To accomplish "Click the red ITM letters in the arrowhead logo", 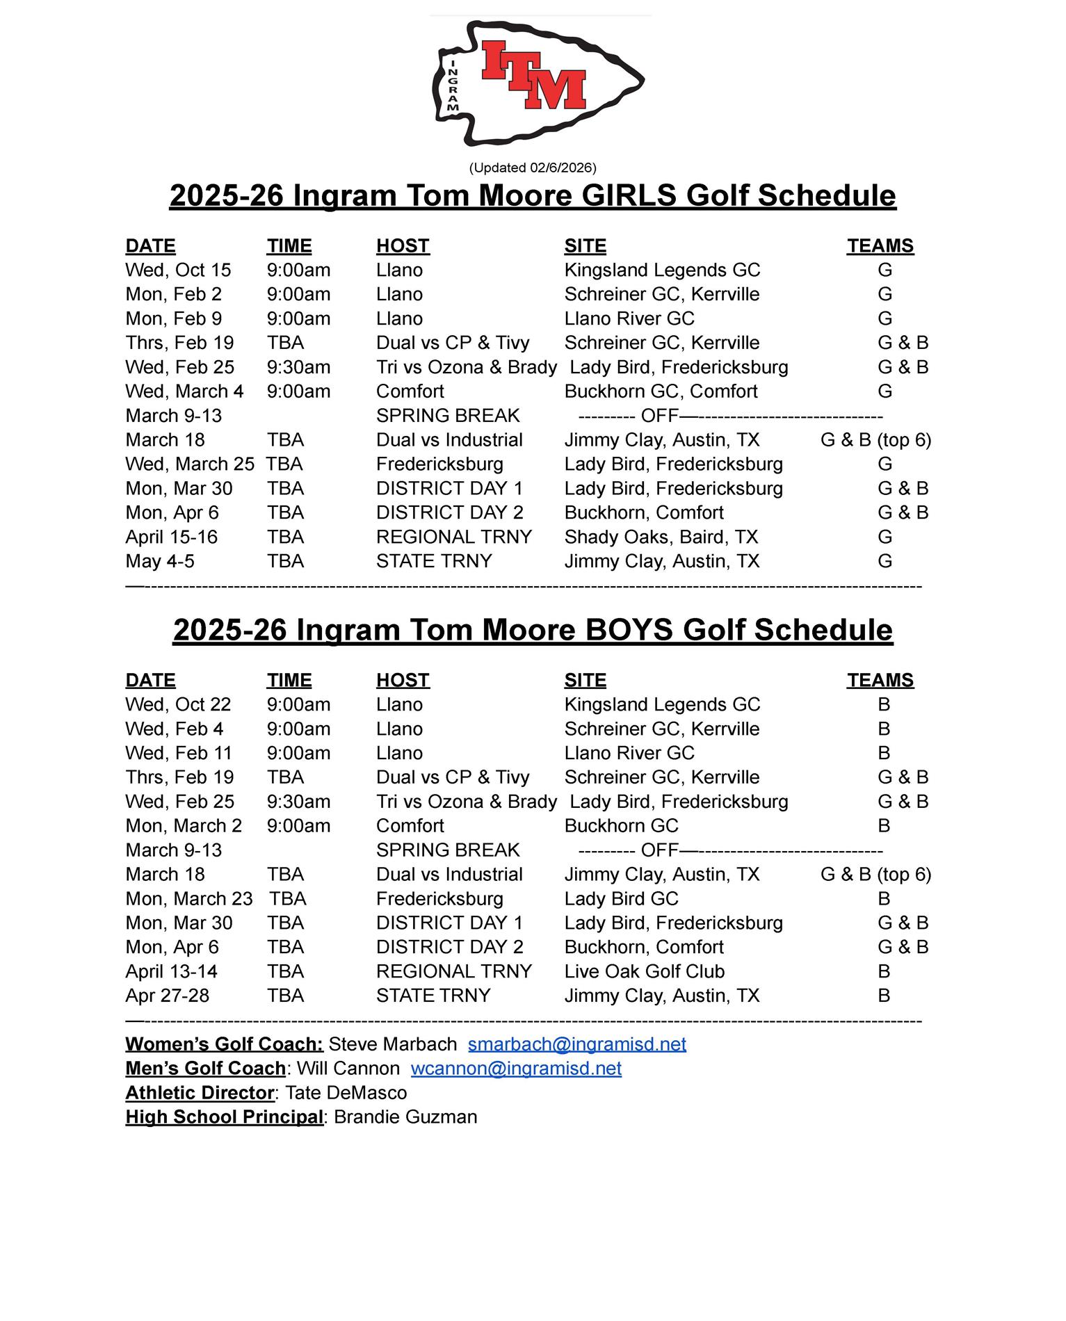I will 533,75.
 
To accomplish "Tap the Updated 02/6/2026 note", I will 533,168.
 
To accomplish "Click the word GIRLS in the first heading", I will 629,195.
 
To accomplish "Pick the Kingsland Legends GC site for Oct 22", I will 662,704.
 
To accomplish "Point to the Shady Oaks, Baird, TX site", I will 661,537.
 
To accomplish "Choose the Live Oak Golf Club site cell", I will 644,971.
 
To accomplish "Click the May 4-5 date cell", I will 160,561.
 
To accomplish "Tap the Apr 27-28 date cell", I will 167,996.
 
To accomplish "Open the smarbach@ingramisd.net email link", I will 576,1044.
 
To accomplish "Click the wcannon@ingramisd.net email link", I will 516,1069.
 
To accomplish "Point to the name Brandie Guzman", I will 405,1117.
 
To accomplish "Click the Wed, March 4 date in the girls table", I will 184,391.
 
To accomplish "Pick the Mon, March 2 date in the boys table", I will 184,826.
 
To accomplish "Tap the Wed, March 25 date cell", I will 190,464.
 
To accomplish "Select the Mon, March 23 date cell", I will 189,899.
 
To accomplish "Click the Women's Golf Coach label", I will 224,1044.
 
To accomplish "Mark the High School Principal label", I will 224,1117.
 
